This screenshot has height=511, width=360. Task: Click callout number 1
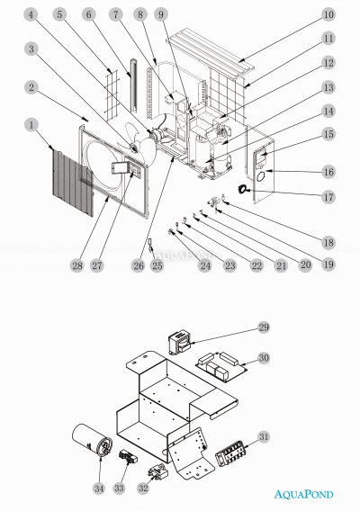tap(33, 124)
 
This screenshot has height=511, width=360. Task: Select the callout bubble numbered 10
tap(328, 15)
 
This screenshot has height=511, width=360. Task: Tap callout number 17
tap(328, 195)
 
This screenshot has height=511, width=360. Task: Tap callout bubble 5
tap(59, 15)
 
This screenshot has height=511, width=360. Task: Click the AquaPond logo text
tap(313, 493)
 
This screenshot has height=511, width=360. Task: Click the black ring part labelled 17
tap(242, 188)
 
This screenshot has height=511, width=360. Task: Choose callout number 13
tap(328, 86)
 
